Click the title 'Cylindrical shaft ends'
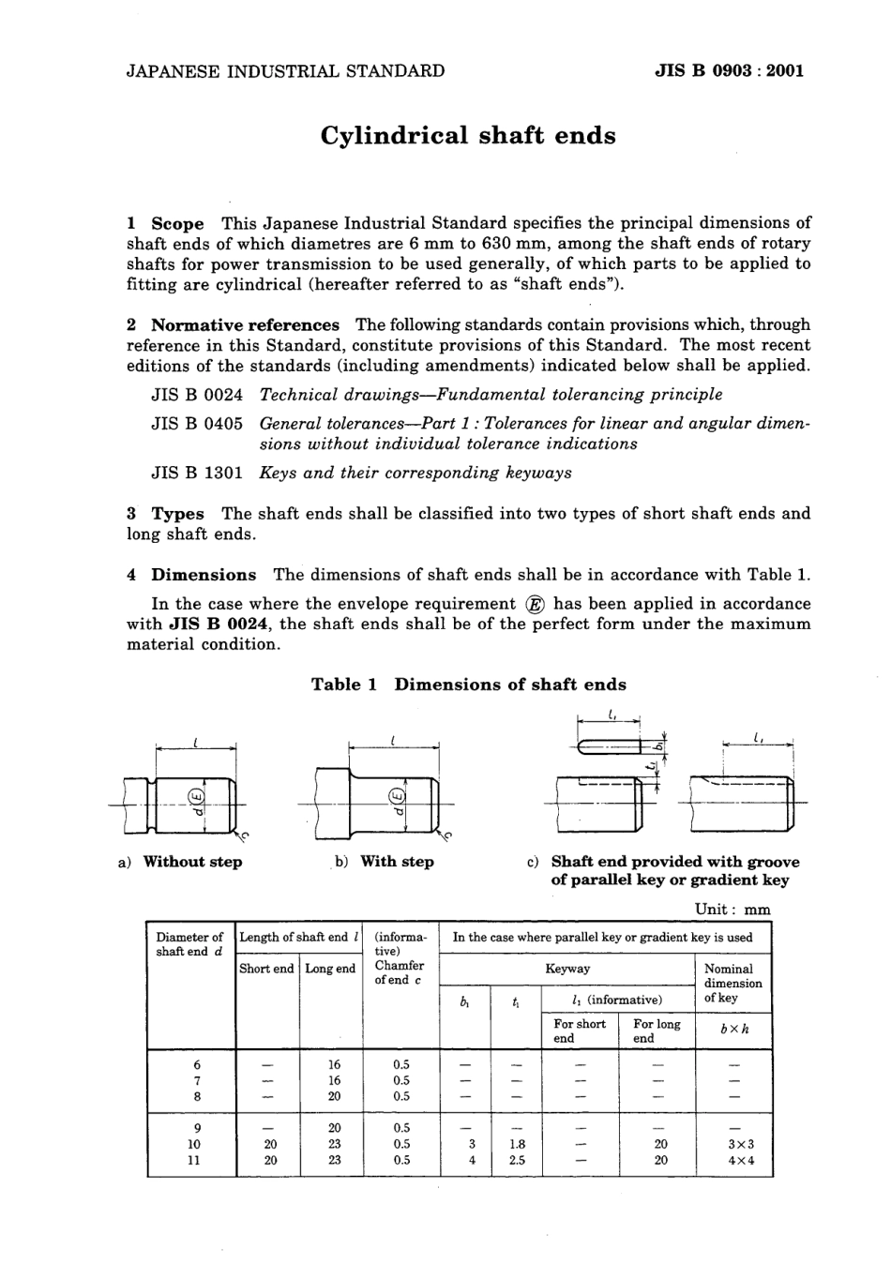click(468, 136)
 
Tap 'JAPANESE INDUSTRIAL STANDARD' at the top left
click(285, 70)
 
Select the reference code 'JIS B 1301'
click(197, 473)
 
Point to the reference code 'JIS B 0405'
click(197, 423)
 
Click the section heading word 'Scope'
click(177, 223)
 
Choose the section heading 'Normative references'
click(245, 324)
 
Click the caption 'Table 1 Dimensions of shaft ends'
click(468, 685)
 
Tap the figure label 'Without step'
click(192, 862)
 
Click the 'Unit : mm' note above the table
click(732, 909)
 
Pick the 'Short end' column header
click(266, 969)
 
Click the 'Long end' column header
click(330, 969)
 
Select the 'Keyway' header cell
click(567, 969)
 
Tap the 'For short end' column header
click(579, 1031)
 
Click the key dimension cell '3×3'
click(734, 1144)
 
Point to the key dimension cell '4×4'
click(734, 1160)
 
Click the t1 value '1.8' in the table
click(516, 1144)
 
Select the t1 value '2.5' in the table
click(516, 1160)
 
